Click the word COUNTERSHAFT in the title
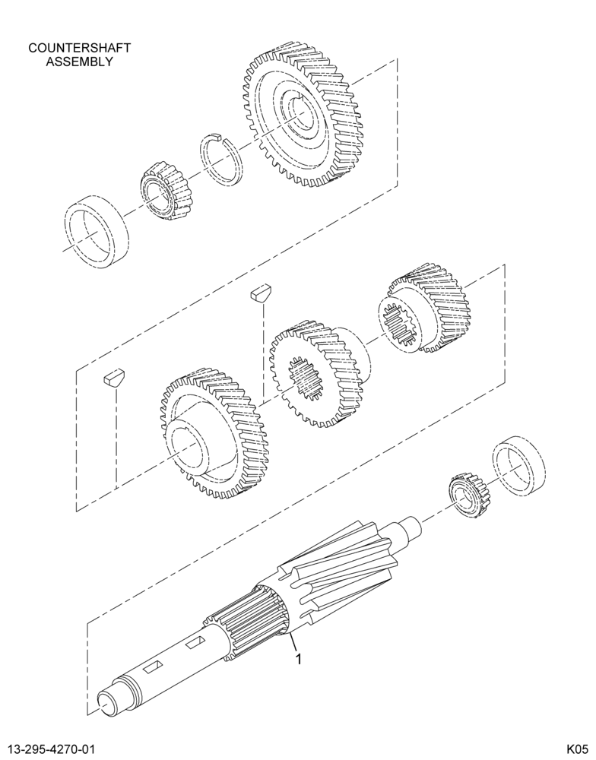(80, 48)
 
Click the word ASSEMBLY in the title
(80, 62)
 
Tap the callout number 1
(299, 659)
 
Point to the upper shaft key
(262, 294)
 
